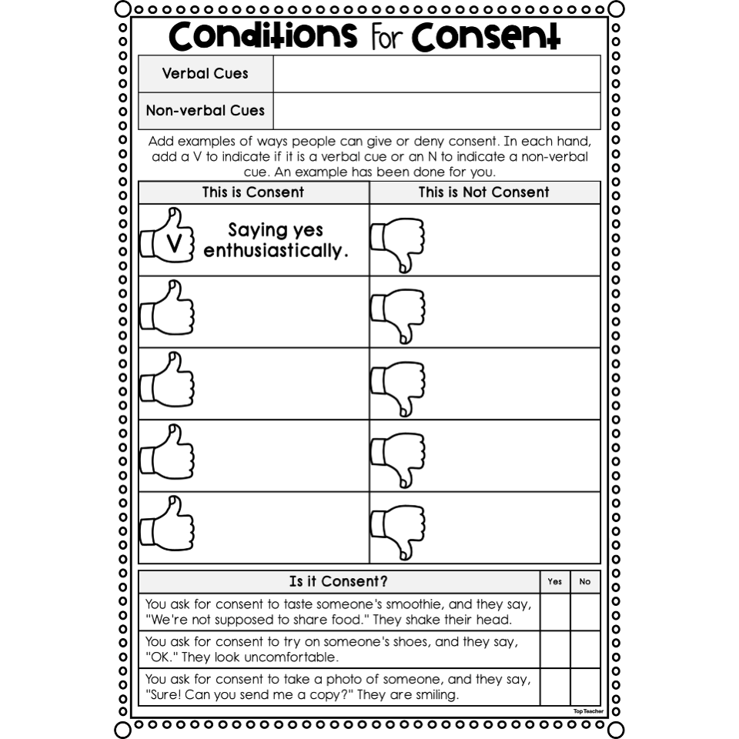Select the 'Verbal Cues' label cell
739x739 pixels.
[206, 74]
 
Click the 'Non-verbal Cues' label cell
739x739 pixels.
[206, 111]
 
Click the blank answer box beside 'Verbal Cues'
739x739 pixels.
[436, 74]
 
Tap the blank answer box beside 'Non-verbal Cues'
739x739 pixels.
[436, 111]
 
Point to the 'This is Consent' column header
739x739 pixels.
[253, 192]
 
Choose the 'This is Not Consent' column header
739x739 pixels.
[484, 192]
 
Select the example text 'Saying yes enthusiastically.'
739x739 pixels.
[276, 240]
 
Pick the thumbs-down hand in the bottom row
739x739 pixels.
[397, 530]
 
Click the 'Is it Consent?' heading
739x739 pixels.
[339, 582]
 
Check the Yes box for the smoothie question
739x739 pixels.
[555, 612]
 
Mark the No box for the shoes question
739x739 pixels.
[585, 649]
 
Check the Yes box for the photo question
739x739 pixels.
[555, 687]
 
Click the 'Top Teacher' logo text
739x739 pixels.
[588, 711]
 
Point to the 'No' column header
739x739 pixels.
[585, 582]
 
